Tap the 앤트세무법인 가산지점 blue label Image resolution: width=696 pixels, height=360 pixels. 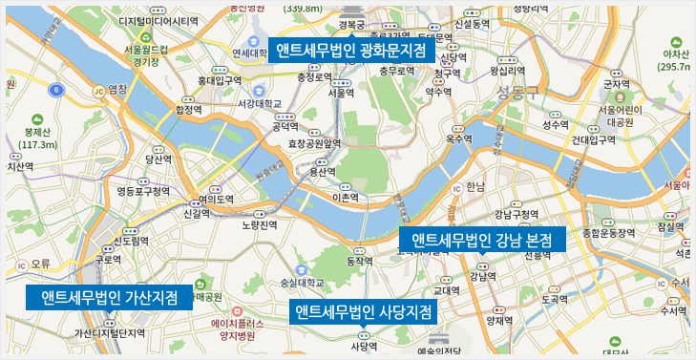[x=109, y=297]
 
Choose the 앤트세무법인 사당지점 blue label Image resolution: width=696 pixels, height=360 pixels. [x=364, y=312]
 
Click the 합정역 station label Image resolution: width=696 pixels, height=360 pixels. [x=189, y=110]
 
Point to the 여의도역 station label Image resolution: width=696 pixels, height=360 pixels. [x=215, y=200]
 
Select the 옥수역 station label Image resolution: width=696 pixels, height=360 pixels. [x=458, y=139]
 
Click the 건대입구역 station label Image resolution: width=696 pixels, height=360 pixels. [x=593, y=139]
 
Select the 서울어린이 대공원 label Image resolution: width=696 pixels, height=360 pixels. [x=621, y=116]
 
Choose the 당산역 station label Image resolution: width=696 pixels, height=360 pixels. [x=157, y=159]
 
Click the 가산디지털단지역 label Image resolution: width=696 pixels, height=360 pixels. [x=109, y=333]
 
